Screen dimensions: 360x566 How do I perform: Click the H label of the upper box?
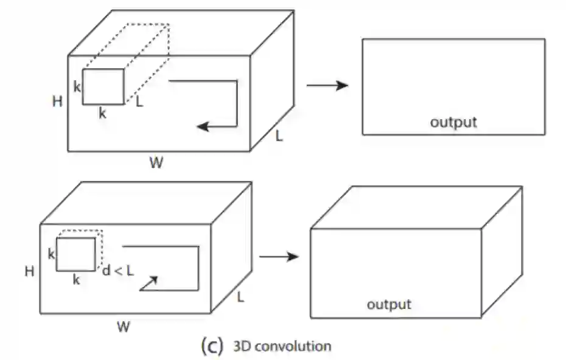tap(58, 102)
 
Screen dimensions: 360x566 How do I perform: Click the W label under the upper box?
tap(156, 162)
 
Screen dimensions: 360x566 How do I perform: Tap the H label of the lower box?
tap(29, 271)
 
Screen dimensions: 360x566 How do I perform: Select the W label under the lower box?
tap(123, 327)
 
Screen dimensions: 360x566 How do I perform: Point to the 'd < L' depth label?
tap(117, 271)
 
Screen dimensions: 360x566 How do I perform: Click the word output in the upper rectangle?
tap(453, 122)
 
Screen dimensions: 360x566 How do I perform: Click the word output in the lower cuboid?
tap(389, 303)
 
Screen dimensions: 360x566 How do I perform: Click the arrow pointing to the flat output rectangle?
tap(327, 85)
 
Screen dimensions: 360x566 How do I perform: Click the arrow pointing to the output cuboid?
tap(279, 257)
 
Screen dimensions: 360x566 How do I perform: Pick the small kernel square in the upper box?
tap(103, 86)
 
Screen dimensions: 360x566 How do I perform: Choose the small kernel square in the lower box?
tap(76, 254)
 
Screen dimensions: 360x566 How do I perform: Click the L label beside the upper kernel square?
tap(139, 102)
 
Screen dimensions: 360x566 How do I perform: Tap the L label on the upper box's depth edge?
tap(279, 136)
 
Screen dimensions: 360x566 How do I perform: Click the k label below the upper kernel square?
tap(102, 112)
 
